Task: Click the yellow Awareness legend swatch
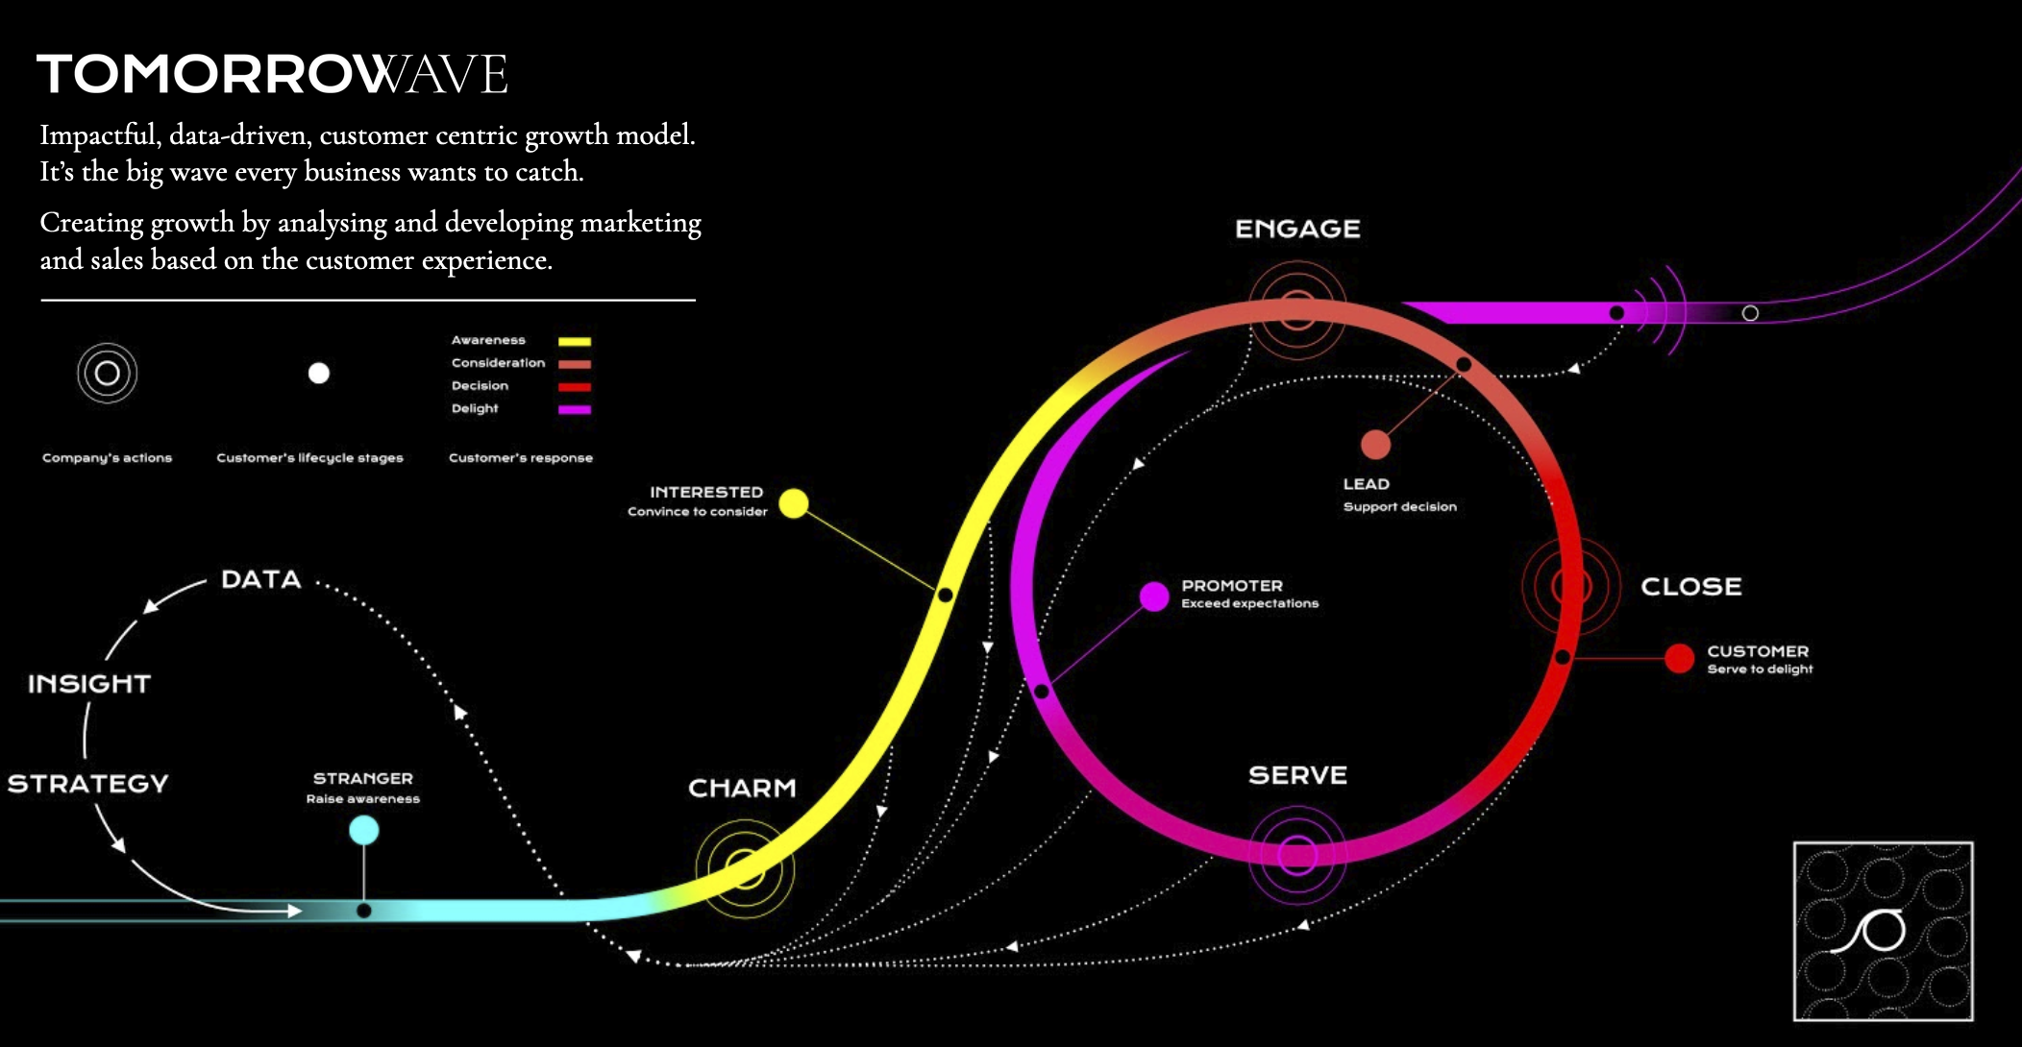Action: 575,341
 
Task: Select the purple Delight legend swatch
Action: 575,409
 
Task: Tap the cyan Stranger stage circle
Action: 363,830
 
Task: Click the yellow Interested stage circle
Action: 793,503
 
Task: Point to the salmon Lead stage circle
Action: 1375,445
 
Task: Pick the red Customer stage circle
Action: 1679,658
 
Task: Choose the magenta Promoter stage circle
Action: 1153,596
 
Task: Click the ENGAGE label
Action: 1297,229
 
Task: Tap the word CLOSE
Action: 1690,586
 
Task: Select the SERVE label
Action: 1297,775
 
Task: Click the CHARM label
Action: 742,788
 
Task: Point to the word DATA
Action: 261,579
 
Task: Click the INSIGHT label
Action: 89,684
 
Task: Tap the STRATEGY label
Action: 87,784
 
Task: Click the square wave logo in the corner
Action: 1883,931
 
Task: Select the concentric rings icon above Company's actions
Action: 108,373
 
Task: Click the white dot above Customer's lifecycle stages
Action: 319,373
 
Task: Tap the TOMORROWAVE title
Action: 272,74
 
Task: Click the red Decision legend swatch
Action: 575,387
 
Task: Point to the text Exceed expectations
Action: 1249,603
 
